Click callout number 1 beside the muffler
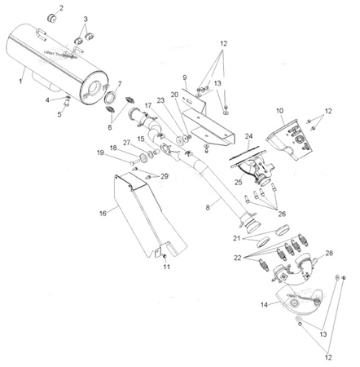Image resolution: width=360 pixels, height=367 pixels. (x=20, y=82)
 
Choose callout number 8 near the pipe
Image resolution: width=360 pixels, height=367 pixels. (x=209, y=208)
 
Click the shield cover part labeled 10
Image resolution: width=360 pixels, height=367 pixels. (x=289, y=135)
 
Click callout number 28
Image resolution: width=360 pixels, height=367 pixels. (x=329, y=254)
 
